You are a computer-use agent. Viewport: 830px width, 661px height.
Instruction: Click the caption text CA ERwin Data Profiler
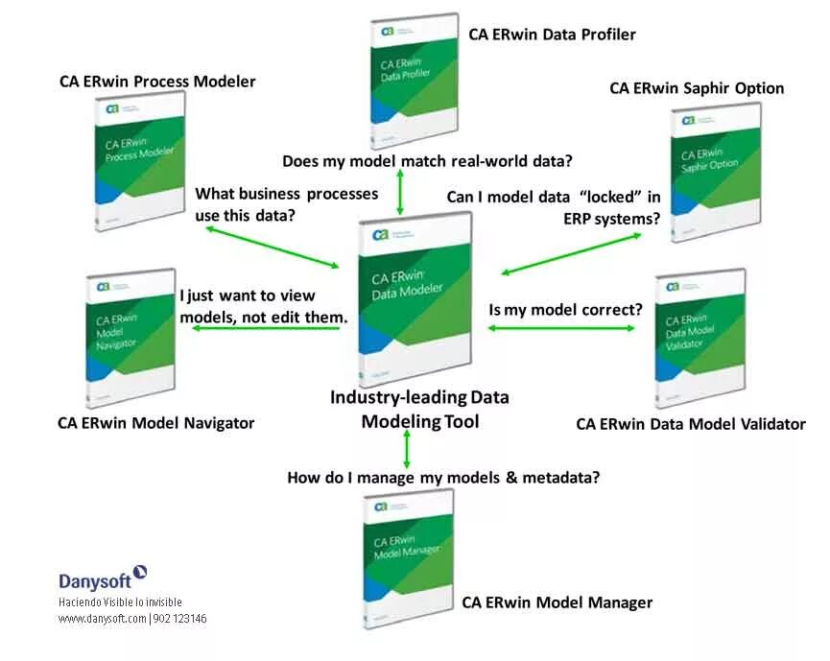552,35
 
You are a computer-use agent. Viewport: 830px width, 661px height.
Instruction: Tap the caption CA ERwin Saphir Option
697,88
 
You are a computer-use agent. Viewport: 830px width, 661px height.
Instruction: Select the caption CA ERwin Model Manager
557,602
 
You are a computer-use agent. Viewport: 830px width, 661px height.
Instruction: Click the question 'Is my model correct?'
565,310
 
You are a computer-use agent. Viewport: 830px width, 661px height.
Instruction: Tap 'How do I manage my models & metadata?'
443,477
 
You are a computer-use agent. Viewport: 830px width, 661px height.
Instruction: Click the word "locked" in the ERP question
608,197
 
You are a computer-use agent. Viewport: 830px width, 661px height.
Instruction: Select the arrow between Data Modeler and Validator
561,328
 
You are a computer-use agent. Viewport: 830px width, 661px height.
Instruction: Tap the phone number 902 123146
179,619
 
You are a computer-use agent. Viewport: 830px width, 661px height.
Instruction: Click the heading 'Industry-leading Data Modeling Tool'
419,409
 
